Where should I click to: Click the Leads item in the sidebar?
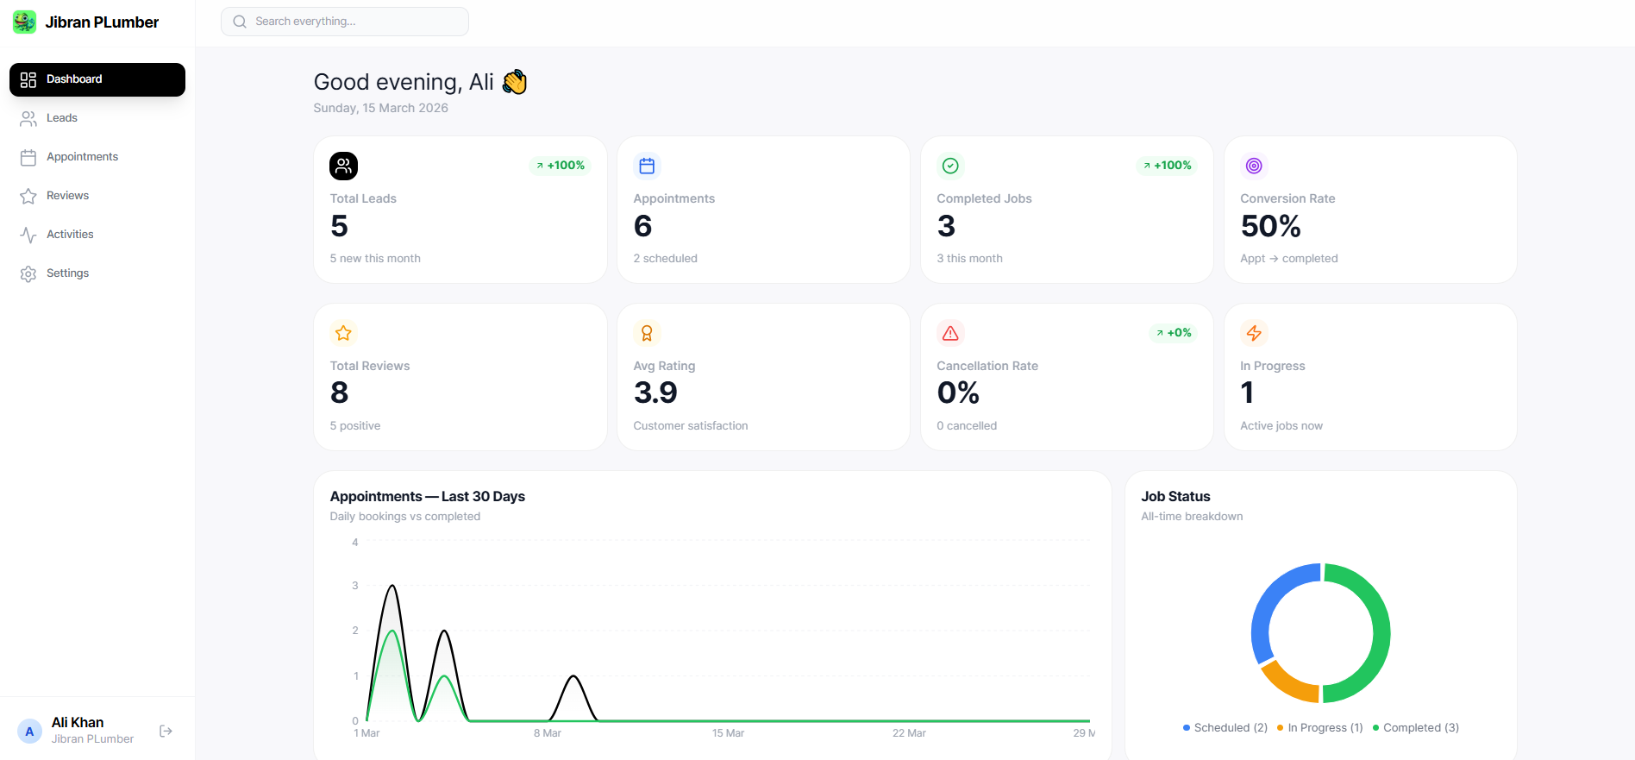pyautogui.click(x=61, y=118)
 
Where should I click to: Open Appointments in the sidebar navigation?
pyautogui.click(x=82, y=157)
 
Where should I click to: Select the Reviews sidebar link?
pyautogui.click(x=67, y=196)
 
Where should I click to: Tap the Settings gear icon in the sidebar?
pyautogui.click(x=28, y=273)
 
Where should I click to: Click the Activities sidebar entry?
pyautogui.click(x=70, y=235)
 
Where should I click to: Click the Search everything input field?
pyautogui.click(x=345, y=22)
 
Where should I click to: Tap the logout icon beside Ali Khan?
pyautogui.click(x=166, y=732)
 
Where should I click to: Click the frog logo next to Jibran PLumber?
pyautogui.click(x=24, y=22)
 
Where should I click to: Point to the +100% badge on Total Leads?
pyautogui.click(x=560, y=166)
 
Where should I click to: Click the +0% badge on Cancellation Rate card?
pyautogui.click(x=1174, y=333)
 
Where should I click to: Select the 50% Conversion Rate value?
pyautogui.click(x=1270, y=226)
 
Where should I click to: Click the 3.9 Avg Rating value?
pyautogui.click(x=655, y=393)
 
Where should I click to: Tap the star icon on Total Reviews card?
pyautogui.click(x=343, y=333)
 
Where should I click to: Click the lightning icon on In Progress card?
pyautogui.click(x=1254, y=333)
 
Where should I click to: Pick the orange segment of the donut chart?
pyautogui.click(x=1286, y=684)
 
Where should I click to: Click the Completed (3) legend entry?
pyautogui.click(x=1416, y=728)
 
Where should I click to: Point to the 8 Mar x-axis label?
pyautogui.click(x=547, y=733)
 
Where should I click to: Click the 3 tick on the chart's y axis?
pyautogui.click(x=355, y=586)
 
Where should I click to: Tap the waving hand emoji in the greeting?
pyautogui.click(x=515, y=82)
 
